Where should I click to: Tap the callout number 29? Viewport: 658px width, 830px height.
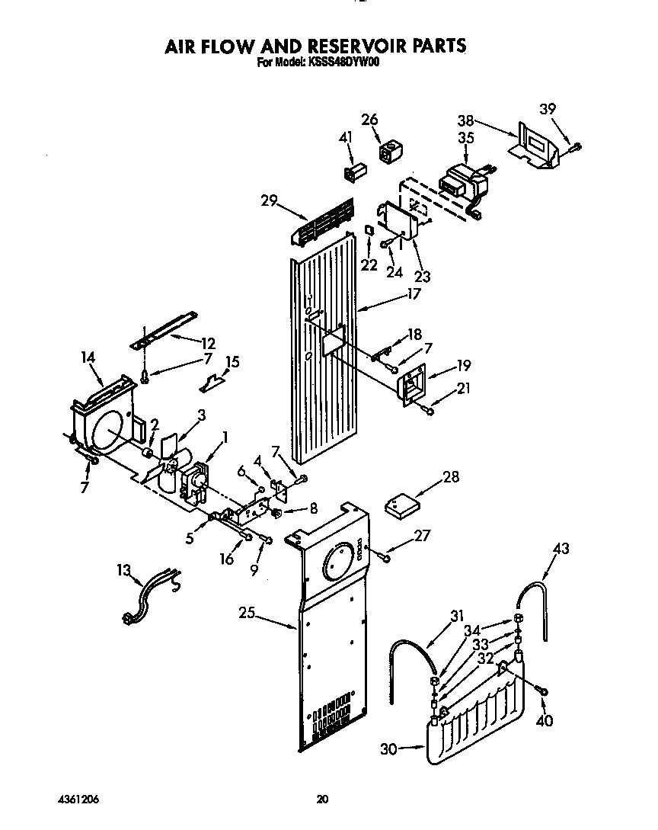(x=269, y=200)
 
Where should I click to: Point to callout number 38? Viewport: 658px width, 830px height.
(x=467, y=120)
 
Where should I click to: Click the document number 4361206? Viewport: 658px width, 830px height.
(x=78, y=799)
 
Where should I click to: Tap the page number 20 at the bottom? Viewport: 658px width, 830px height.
(x=322, y=799)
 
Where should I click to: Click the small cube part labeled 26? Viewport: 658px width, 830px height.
(x=391, y=152)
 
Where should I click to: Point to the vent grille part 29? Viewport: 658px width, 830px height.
(x=324, y=221)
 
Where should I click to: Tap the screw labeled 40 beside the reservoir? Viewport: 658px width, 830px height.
(x=542, y=691)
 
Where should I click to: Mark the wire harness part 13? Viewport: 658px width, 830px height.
(x=152, y=597)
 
